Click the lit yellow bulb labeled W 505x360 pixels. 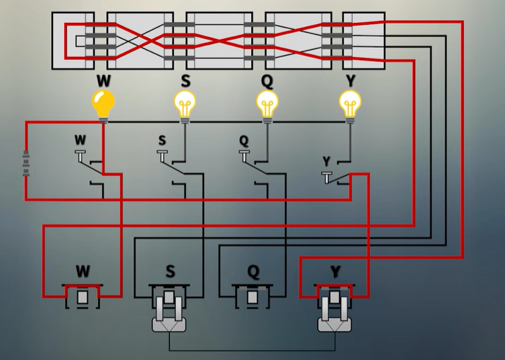[103, 104]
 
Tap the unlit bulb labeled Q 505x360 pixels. [267, 104]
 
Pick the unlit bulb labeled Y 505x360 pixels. [349, 104]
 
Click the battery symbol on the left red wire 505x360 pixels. [26, 163]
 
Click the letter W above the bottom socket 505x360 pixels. [83, 272]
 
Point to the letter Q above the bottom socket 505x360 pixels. [252, 272]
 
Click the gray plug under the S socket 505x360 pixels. [169, 316]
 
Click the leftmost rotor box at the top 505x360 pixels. [73, 40]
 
